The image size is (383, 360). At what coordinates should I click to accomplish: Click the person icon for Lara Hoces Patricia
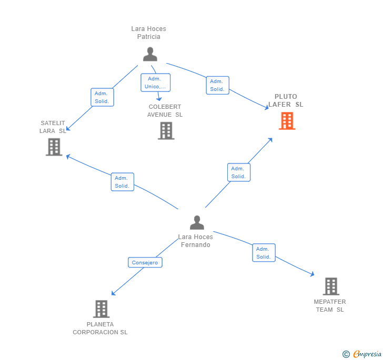click(150, 54)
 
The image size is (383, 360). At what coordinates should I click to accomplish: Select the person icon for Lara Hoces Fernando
click(197, 223)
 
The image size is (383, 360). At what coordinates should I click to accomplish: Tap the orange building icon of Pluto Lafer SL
click(287, 121)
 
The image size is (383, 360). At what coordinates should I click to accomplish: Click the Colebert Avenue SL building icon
click(166, 130)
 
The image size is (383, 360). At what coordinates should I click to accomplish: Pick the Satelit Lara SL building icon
click(54, 147)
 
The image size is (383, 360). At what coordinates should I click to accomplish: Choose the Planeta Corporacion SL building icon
click(101, 308)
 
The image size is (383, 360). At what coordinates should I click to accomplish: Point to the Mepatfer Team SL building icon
click(330, 286)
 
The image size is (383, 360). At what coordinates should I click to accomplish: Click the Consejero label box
click(145, 262)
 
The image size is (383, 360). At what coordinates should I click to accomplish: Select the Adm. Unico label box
click(155, 83)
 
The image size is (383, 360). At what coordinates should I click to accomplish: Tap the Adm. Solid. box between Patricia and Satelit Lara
click(102, 97)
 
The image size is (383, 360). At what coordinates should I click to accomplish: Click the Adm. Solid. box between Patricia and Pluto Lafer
click(217, 85)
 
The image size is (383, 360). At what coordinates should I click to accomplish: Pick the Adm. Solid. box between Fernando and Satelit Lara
click(122, 182)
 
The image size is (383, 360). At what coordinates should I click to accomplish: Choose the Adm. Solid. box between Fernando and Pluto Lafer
click(238, 172)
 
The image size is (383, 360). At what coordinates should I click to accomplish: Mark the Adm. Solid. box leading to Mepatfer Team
click(263, 253)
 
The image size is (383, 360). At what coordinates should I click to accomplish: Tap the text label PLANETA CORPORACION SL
click(100, 328)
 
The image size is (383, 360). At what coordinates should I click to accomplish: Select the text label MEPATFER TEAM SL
click(330, 305)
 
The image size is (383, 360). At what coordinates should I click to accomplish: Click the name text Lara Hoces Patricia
click(148, 33)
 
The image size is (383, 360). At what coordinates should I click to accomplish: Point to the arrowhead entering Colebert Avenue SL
click(159, 99)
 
